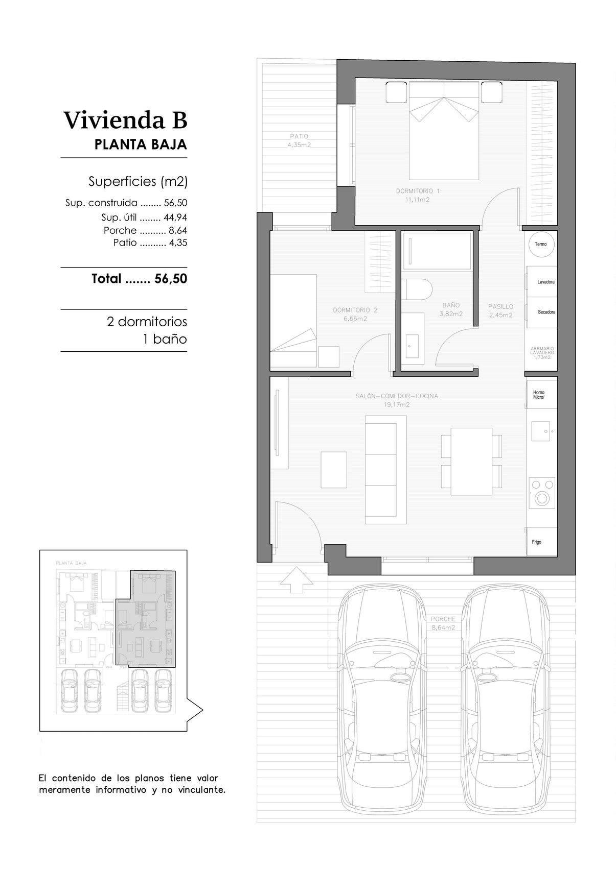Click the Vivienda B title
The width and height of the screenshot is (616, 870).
(x=125, y=120)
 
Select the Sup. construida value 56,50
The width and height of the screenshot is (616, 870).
(x=175, y=203)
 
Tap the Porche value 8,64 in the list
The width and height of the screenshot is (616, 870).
(x=178, y=230)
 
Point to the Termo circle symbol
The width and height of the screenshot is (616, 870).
(x=540, y=244)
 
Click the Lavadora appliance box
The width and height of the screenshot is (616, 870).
(x=542, y=282)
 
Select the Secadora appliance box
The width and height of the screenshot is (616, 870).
(x=542, y=312)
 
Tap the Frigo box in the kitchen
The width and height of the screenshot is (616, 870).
(x=541, y=542)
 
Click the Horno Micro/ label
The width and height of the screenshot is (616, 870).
(x=539, y=395)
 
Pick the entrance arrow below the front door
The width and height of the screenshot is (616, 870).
(x=296, y=579)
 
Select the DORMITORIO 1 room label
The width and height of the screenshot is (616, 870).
(x=418, y=195)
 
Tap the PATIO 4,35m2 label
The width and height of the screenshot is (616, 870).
(x=299, y=140)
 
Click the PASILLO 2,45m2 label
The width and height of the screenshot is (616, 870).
(x=500, y=311)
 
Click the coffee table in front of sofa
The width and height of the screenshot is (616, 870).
(x=334, y=470)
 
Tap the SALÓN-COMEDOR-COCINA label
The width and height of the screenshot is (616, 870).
(x=397, y=400)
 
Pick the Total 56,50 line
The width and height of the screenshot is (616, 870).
(x=139, y=279)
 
